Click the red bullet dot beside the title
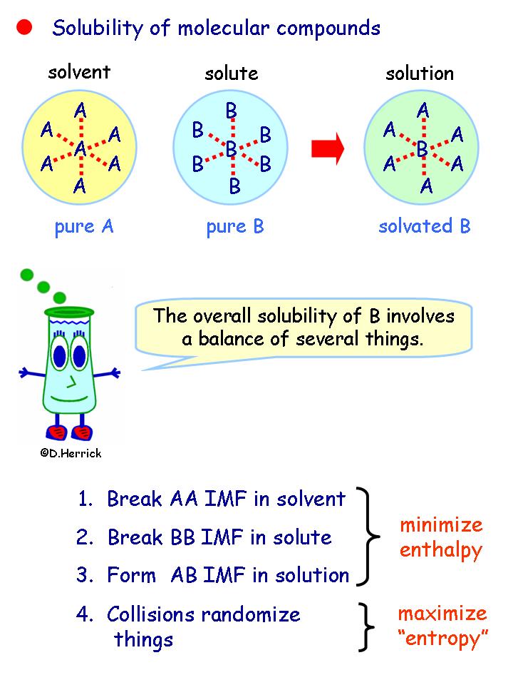pos(25,28)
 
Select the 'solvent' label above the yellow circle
pos(80,72)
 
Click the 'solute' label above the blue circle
pos(232,73)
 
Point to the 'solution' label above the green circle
pos(420,73)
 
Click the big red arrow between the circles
pos(328,148)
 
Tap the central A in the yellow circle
pos(81,149)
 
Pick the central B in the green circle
pos(422,149)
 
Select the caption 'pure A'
pos(84,227)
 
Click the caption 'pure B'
pos(235,227)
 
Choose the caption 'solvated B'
pos(425,227)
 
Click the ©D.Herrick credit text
pos(71,453)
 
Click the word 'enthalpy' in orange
pos(440,550)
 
